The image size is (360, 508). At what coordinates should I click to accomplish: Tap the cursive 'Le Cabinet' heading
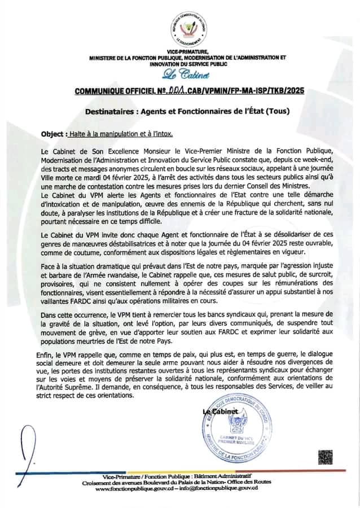[181, 76]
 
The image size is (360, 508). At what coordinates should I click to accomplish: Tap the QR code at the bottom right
[325, 456]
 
